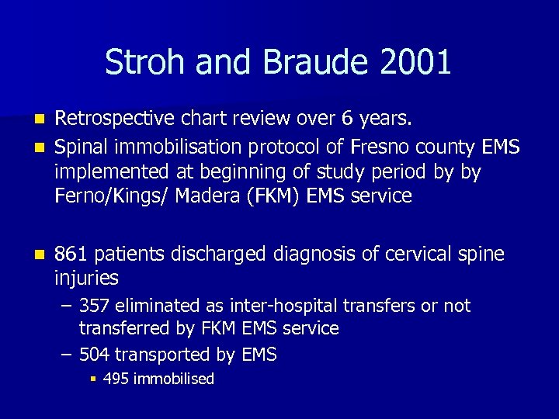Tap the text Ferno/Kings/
[x=112, y=196]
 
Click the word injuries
[x=87, y=278]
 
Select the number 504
[x=95, y=355]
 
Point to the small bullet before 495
[x=92, y=379]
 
